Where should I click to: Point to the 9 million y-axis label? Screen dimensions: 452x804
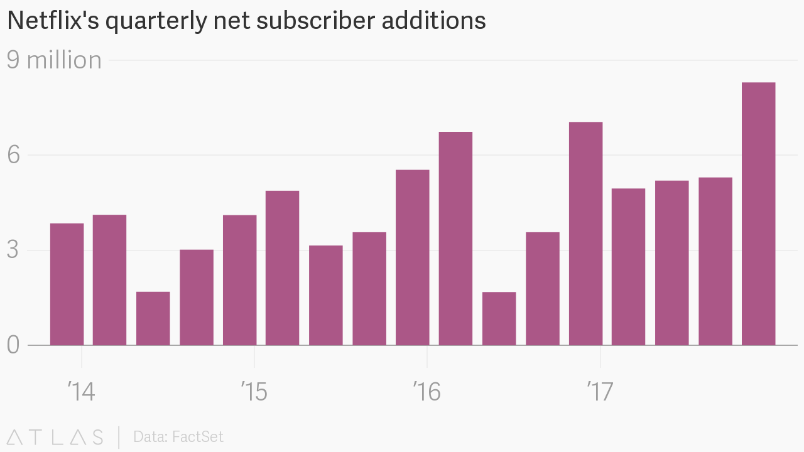click(54, 60)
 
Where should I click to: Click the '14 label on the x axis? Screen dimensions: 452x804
click(81, 392)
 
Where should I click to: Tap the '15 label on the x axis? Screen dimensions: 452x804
click(254, 392)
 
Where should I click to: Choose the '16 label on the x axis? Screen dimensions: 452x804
click(426, 392)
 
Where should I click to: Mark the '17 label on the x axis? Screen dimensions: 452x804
click(600, 392)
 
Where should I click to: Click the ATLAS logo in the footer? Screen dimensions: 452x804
click(55, 437)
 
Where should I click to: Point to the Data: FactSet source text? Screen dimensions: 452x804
click(178, 437)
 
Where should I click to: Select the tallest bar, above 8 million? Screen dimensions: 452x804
click(758, 213)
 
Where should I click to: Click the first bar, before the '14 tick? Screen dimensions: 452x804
click(67, 284)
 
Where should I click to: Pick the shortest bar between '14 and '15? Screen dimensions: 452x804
click(153, 318)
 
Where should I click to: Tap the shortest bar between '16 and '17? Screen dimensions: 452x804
click(499, 318)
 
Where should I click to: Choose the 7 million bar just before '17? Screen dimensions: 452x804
click(585, 234)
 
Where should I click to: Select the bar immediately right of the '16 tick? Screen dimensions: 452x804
click(455, 239)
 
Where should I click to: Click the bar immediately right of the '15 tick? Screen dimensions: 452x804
click(282, 267)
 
